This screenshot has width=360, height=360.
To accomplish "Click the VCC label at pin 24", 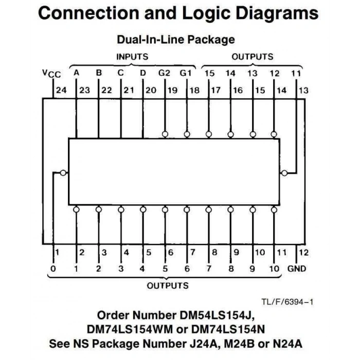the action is pyautogui.click(x=51, y=74).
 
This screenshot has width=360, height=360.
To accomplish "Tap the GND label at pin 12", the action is pyautogui.click(x=297, y=268).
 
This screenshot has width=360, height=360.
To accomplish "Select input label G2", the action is pyautogui.click(x=164, y=73).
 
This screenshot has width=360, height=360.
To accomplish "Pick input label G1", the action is pyautogui.click(x=186, y=73).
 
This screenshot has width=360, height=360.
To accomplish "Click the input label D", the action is pyautogui.click(x=143, y=73).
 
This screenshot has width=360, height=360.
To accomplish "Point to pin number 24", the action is pyautogui.click(x=61, y=90).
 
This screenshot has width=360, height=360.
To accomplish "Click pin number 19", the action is pyautogui.click(x=172, y=90).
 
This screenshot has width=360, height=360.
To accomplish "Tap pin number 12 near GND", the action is pyautogui.click(x=303, y=253).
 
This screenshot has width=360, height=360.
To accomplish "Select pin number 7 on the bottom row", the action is pyautogui.click(x=193, y=253).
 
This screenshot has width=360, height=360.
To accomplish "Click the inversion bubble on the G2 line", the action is pyautogui.click(x=165, y=134).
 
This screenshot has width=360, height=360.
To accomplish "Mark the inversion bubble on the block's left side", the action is pyautogui.click(x=63, y=173).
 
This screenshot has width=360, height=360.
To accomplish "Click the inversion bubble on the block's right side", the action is pyautogui.click(x=284, y=173).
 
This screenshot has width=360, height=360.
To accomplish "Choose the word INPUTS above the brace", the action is pyautogui.click(x=132, y=57).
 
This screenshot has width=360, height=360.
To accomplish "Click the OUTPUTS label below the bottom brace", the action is pyautogui.click(x=168, y=285).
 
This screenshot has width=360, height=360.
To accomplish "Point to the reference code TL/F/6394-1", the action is pyautogui.click(x=287, y=302).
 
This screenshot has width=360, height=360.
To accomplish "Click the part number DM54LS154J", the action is pyautogui.click(x=217, y=315).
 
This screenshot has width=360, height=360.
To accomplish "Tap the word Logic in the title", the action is pyautogui.click(x=206, y=14).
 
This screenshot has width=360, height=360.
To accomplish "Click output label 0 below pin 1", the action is pyautogui.click(x=53, y=268).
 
